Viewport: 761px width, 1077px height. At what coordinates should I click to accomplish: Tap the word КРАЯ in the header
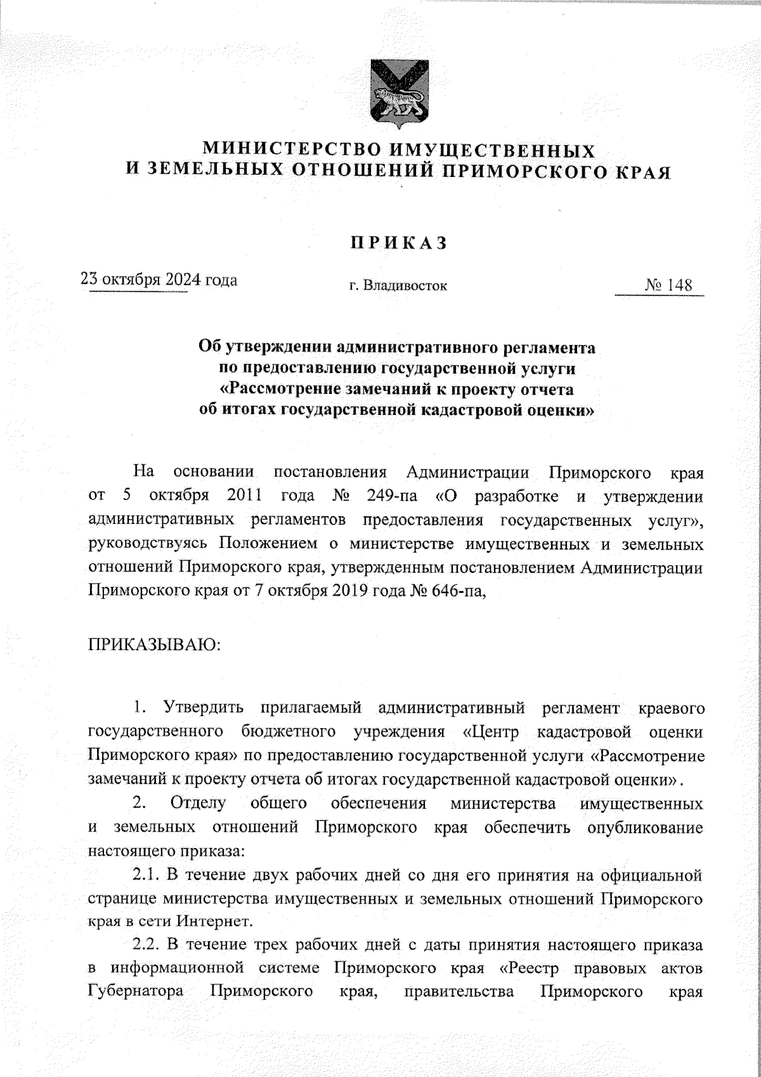(644, 171)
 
